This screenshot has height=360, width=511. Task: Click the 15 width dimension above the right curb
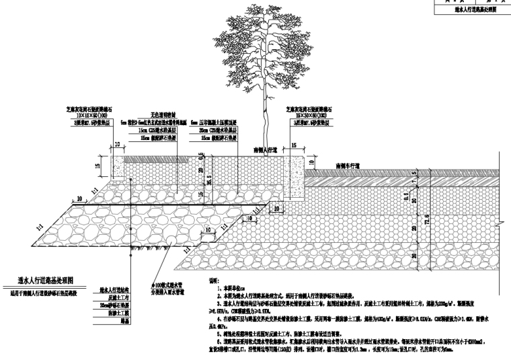[x=294, y=145]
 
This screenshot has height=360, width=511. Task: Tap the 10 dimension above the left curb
[x=116, y=145]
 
